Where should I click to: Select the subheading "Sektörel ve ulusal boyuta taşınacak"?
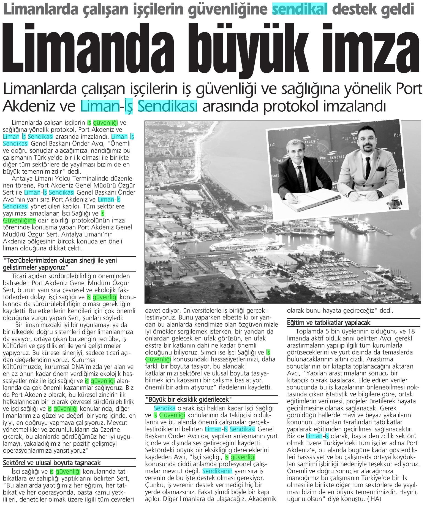click(x=52, y=462)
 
